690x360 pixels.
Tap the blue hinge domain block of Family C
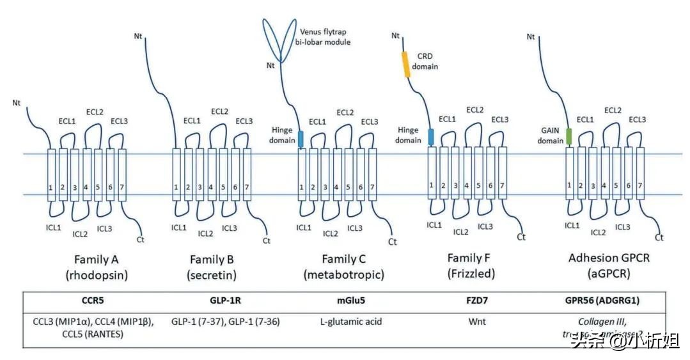[301, 138]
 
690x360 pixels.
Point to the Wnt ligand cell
[477, 321]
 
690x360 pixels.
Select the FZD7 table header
[477, 299]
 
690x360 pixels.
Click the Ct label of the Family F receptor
[521, 237]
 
